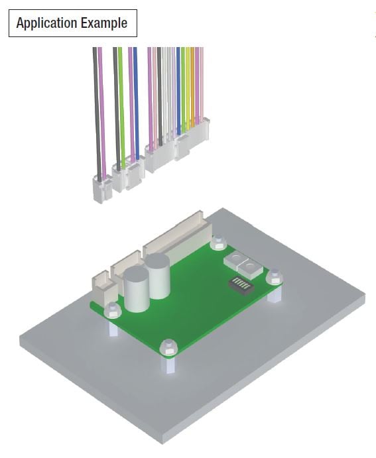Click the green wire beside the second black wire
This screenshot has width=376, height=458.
point(121,99)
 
